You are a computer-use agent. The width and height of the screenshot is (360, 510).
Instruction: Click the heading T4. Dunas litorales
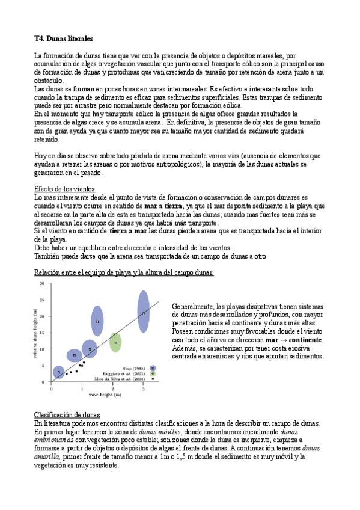(63, 39)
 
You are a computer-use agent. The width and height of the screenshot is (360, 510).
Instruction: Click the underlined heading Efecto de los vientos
(65, 189)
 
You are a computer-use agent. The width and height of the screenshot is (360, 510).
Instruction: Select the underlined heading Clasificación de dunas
(67, 398)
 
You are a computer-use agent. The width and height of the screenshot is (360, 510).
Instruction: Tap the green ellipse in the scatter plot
(115, 343)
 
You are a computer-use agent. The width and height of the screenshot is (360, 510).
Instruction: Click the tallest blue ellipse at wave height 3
(143, 312)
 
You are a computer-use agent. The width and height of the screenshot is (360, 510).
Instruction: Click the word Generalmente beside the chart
(193, 306)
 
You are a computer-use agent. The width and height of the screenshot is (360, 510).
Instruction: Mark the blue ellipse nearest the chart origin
(58, 372)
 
